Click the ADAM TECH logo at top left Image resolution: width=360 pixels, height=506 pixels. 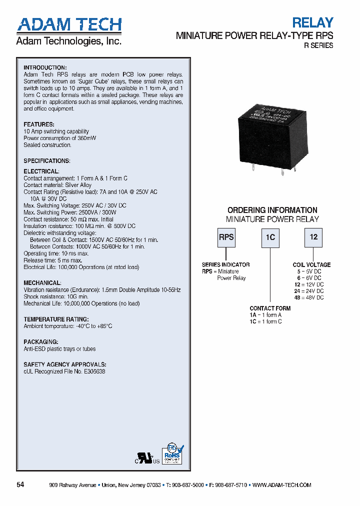(69, 25)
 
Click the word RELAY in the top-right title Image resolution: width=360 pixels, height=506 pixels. (312, 22)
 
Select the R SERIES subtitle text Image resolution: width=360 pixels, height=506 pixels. (318, 45)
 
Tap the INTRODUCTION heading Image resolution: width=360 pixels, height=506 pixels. (45, 67)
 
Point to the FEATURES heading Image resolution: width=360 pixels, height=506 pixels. (39, 124)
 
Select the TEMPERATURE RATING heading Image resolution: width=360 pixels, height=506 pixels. (56, 319)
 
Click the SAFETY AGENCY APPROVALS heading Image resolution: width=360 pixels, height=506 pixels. (64, 364)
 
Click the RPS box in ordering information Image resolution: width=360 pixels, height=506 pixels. (226, 237)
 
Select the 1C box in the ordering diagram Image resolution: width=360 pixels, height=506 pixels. (270, 237)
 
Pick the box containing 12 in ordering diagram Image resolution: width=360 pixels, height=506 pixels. (313, 237)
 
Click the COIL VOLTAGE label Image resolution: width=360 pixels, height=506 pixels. (311, 265)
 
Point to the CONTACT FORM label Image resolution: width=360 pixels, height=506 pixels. (270, 308)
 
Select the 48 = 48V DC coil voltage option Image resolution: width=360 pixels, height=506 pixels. (309, 297)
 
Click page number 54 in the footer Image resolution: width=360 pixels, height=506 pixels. (20, 484)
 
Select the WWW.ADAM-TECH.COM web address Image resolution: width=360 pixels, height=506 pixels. (282, 485)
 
